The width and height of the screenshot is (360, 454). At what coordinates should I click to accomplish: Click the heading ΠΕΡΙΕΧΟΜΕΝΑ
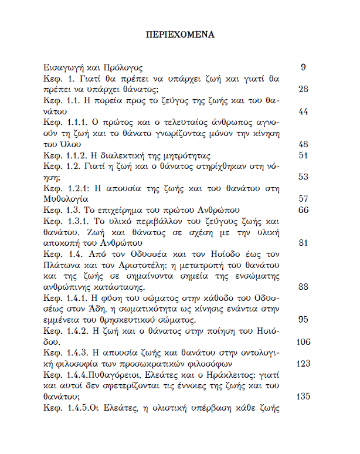click(180, 34)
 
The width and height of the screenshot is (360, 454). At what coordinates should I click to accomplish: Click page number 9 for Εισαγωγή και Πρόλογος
click(303, 67)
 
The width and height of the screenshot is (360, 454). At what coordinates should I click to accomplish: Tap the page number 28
click(303, 89)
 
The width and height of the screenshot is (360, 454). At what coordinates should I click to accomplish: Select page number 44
click(303, 111)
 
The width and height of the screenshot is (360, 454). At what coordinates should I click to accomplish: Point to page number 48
click(303, 144)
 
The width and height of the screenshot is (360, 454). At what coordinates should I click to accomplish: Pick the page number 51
click(303, 155)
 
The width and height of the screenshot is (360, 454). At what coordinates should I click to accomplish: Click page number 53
click(303, 177)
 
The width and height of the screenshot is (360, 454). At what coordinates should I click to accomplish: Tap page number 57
click(303, 199)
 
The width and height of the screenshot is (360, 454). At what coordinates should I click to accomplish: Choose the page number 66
click(303, 210)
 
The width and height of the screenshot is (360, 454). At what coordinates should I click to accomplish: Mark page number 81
click(303, 243)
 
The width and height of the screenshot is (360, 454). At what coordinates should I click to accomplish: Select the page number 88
click(303, 287)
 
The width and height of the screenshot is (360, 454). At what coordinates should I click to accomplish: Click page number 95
click(303, 320)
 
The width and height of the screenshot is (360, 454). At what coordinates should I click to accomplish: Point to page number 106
click(301, 342)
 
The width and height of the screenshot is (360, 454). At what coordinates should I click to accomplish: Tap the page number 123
click(301, 364)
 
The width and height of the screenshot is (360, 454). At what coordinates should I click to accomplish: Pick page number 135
click(301, 397)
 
